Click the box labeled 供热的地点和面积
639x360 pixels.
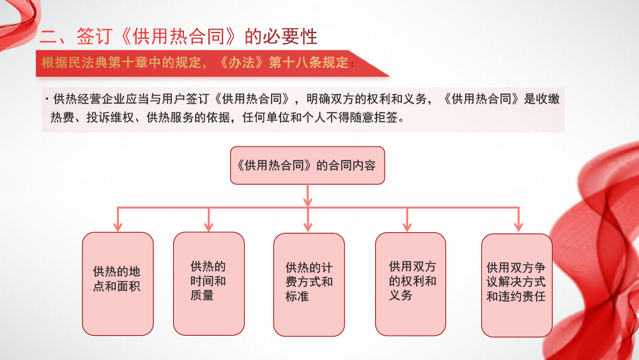point(118,283)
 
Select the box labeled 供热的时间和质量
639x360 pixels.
point(209,283)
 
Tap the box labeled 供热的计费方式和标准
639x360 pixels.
point(309,285)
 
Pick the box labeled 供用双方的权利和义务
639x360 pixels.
point(410,284)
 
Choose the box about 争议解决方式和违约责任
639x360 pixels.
point(516,285)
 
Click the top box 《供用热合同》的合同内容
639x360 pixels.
point(307,166)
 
